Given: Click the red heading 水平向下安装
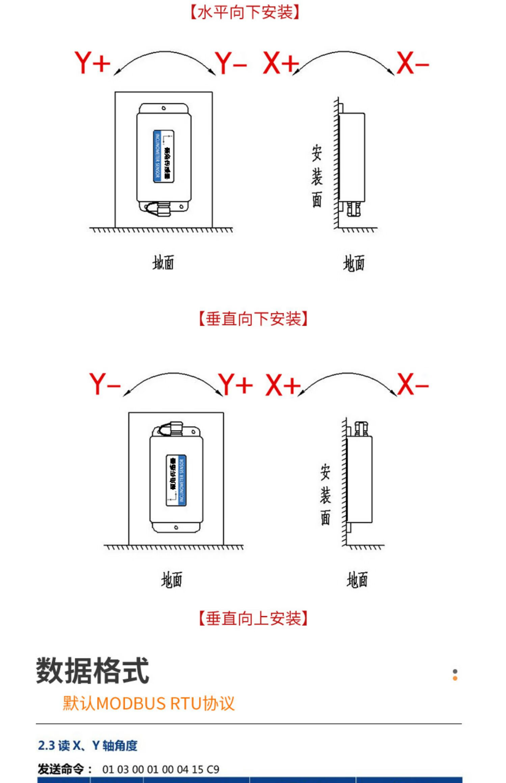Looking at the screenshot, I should (x=245, y=12).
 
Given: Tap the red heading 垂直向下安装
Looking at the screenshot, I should (x=253, y=319).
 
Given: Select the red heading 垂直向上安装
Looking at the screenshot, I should (x=253, y=618).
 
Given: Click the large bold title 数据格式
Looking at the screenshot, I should (x=92, y=671).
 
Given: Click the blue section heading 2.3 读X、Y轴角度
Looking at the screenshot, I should (x=88, y=746).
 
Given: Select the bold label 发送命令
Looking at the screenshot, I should (x=61, y=769).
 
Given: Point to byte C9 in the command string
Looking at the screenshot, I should (x=213, y=770).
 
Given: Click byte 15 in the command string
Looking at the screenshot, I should (x=198, y=770).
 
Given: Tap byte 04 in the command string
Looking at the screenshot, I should (x=182, y=770).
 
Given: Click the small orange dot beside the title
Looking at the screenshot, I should (x=455, y=678).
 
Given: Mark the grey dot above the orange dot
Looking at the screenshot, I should (x=455, y=671).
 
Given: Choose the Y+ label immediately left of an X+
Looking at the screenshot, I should (x=235, y=384).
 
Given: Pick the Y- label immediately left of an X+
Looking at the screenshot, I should (x=231, y=63).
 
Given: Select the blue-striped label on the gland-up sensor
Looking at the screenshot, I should (x=176, y=480).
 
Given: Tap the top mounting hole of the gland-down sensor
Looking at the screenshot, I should (x=164, y=108).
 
